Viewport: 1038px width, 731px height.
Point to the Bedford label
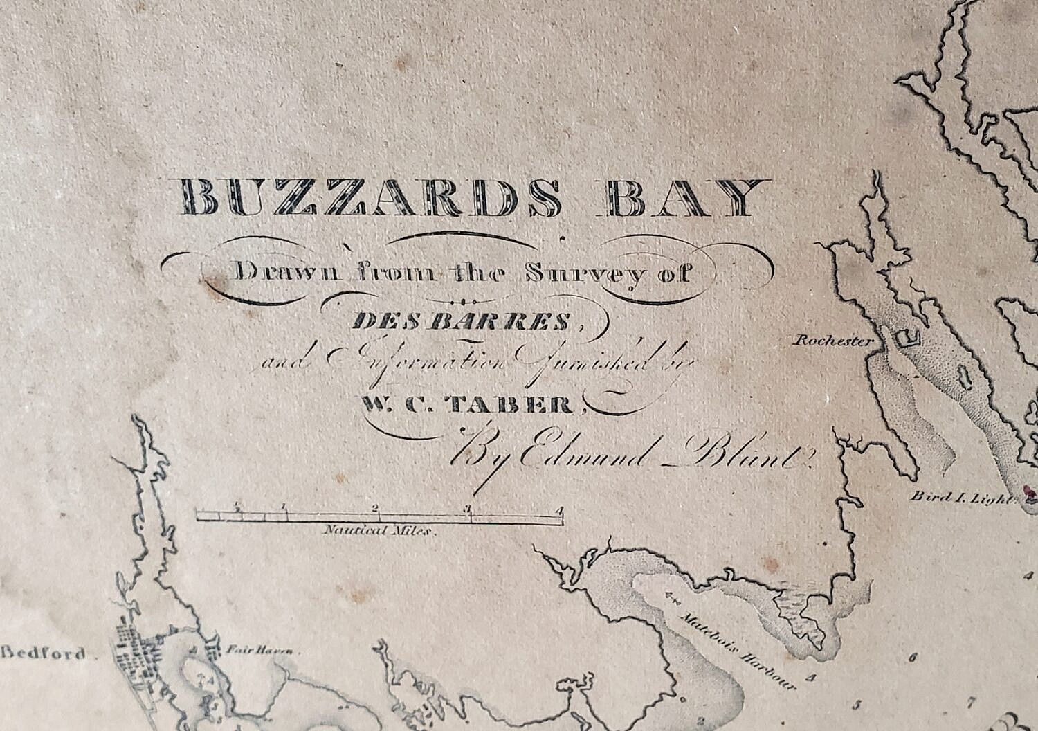43,653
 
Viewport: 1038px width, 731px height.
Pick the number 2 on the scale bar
375,508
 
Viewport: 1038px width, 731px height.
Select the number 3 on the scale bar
468,509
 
